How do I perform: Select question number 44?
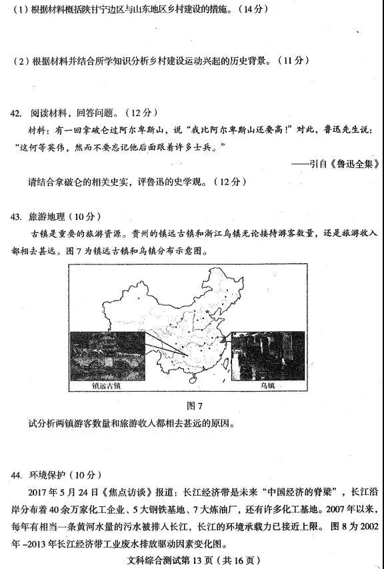click(x=17, y=476)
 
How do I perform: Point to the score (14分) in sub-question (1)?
click(x=241, y=10)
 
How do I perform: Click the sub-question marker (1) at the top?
click(x=20, y=10)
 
